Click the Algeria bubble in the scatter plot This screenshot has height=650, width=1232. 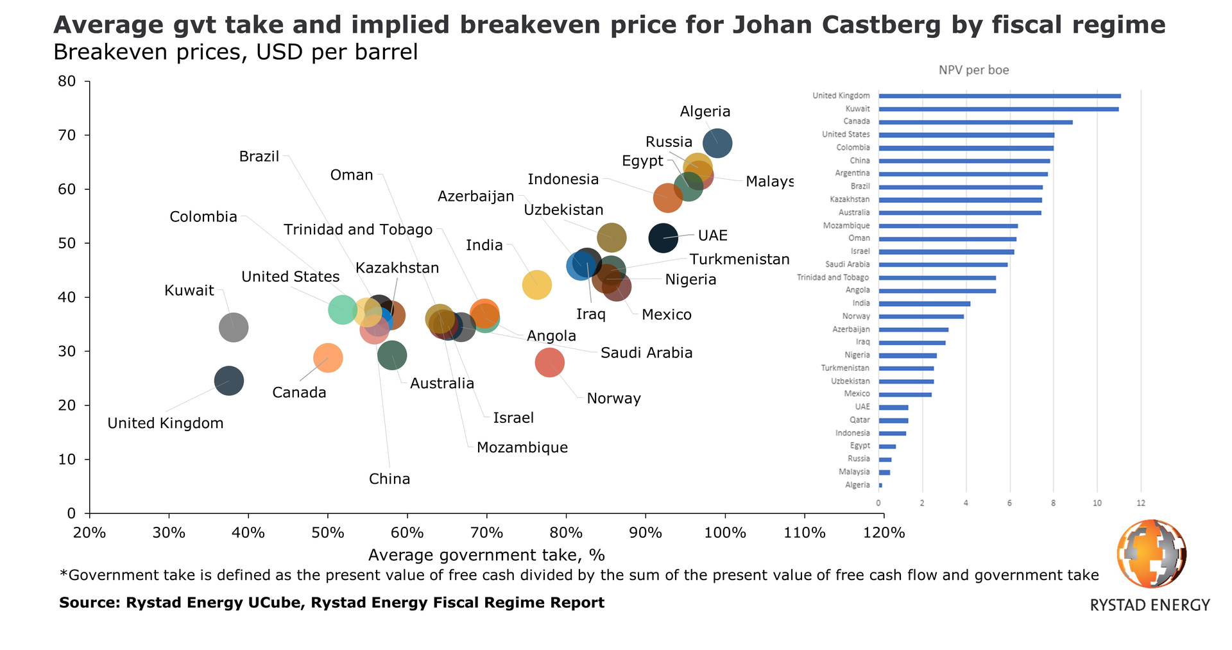point(717,142)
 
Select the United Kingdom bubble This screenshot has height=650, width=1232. point(229,381)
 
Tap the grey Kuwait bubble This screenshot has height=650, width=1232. point(234,327)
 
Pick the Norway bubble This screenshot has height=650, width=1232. point(549,362)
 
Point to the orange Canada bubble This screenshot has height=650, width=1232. point(328,357)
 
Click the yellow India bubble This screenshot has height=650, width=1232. point(537,284)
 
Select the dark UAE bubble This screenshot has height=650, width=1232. point(663,237)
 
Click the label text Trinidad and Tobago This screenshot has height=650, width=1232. point(358,230)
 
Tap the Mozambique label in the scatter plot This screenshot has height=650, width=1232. point(522,447)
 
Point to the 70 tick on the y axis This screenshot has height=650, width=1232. point(67,135)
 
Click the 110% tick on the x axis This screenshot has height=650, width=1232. point(804,533)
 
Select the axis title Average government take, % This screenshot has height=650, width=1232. point(486,554)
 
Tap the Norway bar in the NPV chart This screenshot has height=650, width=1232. point(921,316)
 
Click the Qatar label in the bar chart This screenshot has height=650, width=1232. point(860,420)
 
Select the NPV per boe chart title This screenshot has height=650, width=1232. point(973,70)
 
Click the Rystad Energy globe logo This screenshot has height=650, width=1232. point(1151,554)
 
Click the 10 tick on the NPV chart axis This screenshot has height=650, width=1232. point(1097,503)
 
